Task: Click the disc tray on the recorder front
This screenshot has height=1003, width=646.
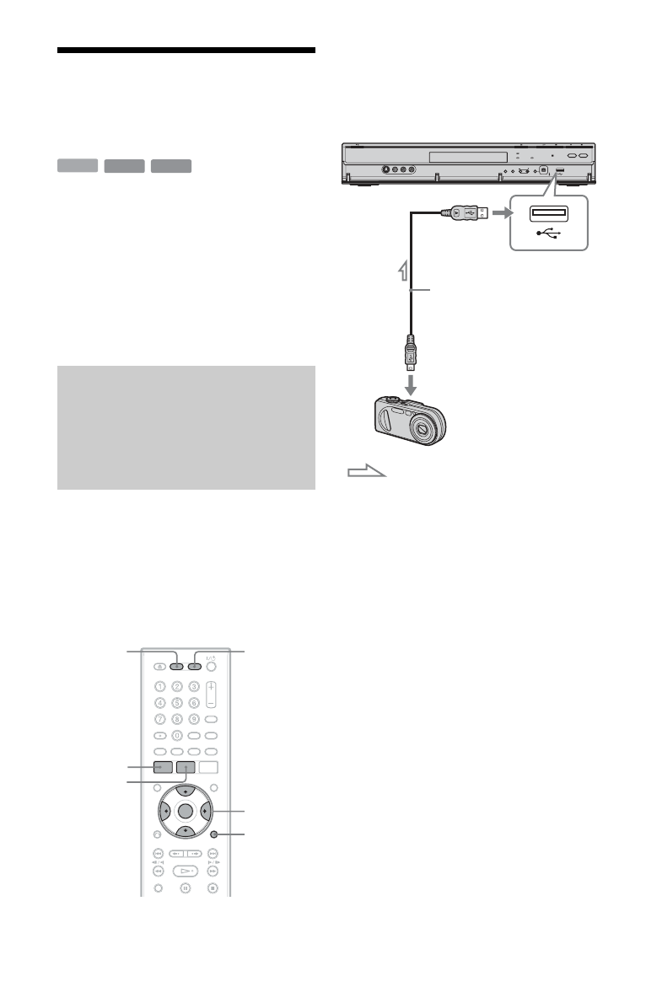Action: pyautogui.click(x=467, y=157)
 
